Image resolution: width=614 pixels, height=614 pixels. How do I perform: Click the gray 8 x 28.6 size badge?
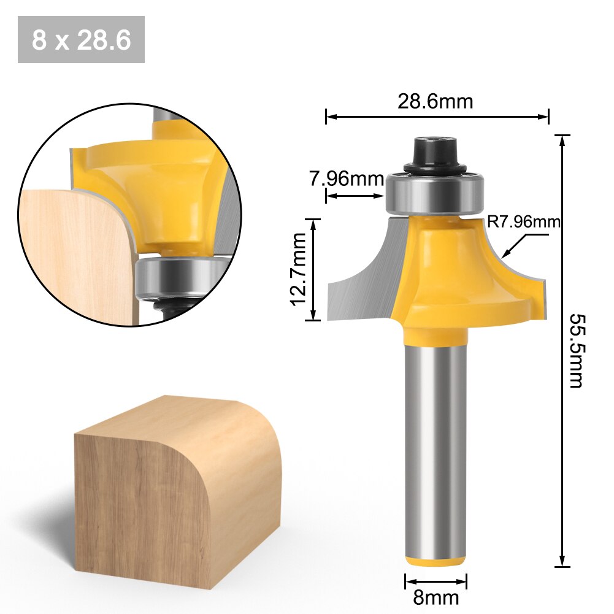click(x=81, y=40)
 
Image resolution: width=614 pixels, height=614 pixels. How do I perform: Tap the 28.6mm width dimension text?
click(x=435, y=101)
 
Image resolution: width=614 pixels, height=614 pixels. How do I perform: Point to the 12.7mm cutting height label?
click(x=298, y=269)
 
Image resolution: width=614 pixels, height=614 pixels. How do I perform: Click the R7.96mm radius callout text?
click(x=523, y=222)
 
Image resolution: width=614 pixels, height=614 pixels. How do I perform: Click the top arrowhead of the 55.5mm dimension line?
click(x=562, y=139)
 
